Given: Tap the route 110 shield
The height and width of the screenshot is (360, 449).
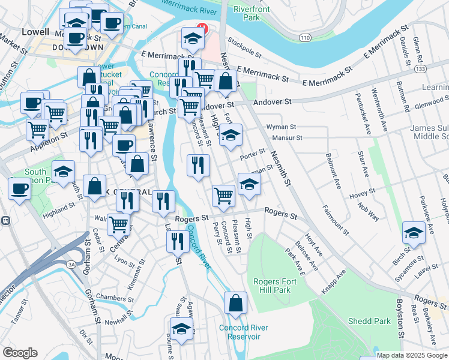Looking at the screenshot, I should coord(305,37).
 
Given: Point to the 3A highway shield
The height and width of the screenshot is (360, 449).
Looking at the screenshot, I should coord(71,264).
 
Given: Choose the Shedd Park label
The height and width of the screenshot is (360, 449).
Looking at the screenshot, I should coord(384,321).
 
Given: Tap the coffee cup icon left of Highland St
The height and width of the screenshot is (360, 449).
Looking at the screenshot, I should coord(19,188).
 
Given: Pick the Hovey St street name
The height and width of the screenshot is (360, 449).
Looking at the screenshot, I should coord(363,192).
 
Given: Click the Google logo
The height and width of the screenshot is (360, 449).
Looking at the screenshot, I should coord(20,353).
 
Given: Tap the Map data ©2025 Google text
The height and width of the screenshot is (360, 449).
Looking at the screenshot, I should coord(411,355).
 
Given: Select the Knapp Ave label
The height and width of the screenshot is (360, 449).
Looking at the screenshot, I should coord(334,281).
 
